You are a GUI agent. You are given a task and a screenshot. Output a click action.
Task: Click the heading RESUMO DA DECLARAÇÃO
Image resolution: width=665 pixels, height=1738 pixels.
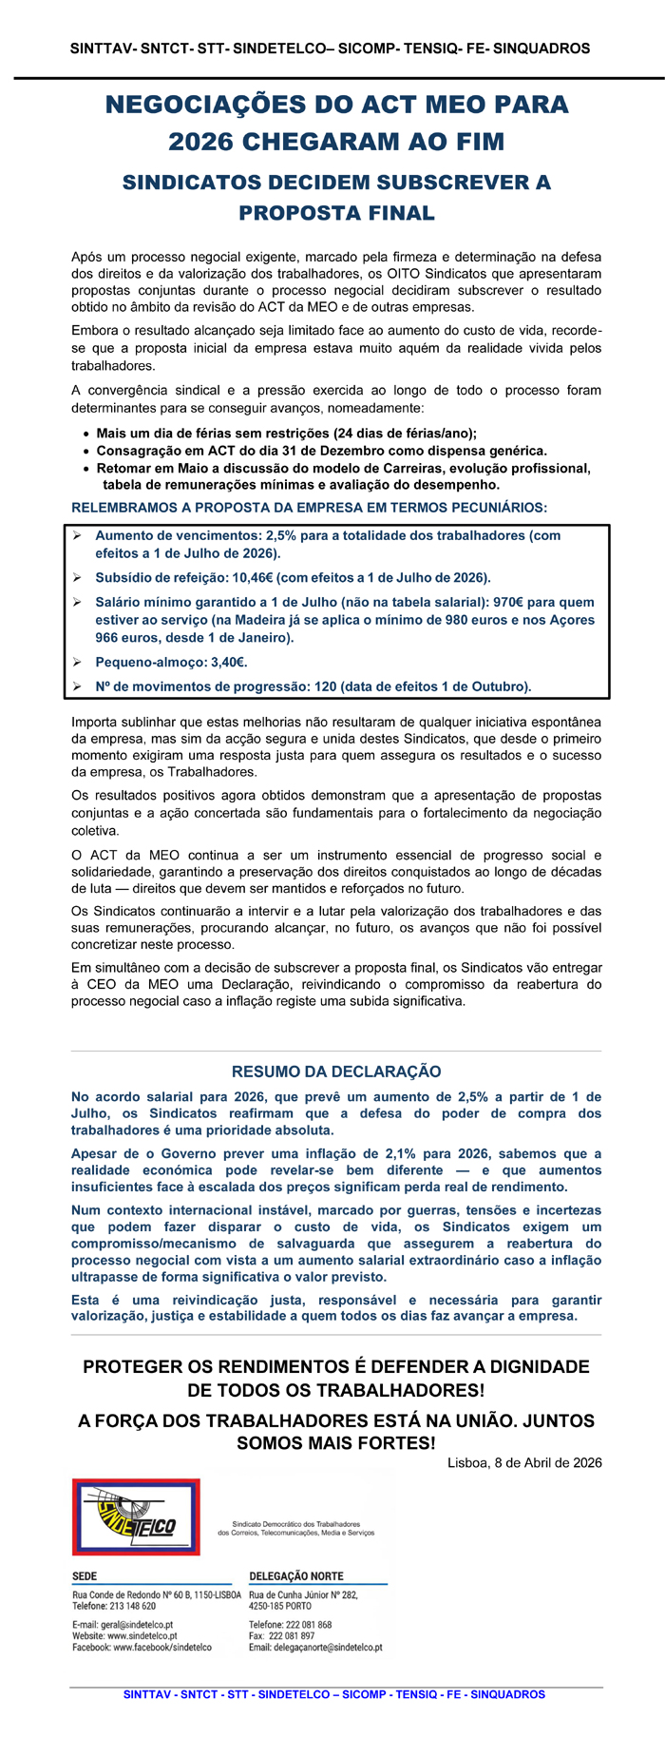(336, 1072)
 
